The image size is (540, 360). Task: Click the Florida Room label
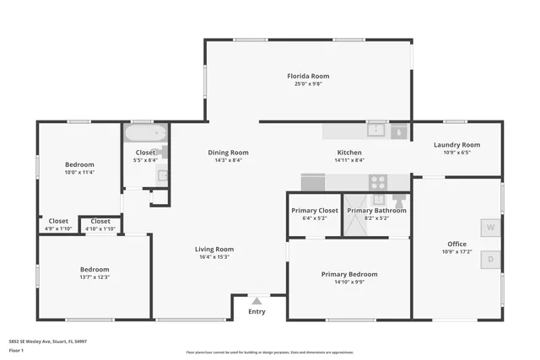(x=307, y=76)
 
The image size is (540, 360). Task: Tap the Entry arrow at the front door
(x=256, y=300)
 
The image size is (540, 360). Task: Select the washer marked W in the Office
(x=490, y=228)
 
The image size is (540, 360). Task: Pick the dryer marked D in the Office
(x=490, y=260)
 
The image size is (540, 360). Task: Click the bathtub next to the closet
(x=146, y=133)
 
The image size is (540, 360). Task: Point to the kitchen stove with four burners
(x=377, y=181)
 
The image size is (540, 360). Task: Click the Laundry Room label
(x=456, y=145)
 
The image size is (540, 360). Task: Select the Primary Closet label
(x=315, y=210)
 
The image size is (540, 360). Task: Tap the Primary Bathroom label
(x=376, y=210)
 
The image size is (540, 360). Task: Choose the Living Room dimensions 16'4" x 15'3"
(x=213, y=257)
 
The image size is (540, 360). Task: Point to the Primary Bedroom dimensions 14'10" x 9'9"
(x=349, y=282)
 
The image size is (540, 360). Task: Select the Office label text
(x=456, y=244)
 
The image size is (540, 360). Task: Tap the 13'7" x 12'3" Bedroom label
(x=94, y=270)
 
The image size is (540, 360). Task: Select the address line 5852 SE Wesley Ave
(x=48, y=341)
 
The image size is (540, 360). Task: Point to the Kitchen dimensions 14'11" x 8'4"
(x=349, y=160)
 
